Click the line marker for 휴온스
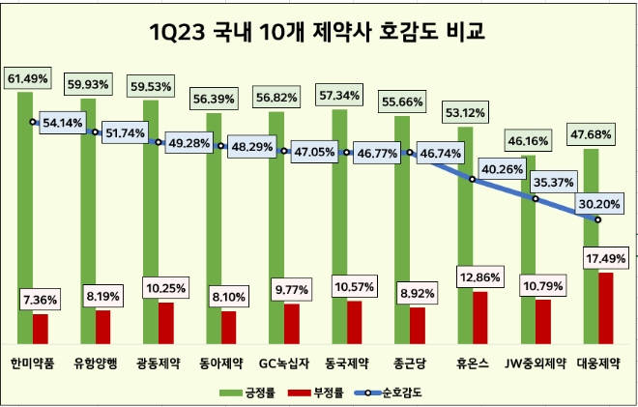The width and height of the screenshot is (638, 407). (473, 180)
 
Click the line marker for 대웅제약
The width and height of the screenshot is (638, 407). (597, 220)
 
